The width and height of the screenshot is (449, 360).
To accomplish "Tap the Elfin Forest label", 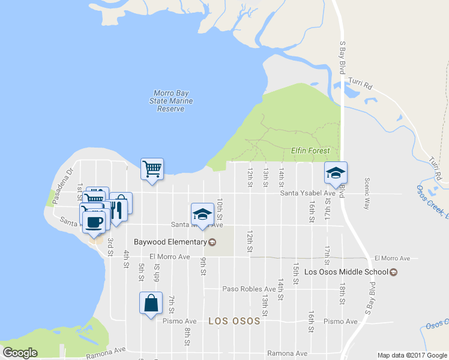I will point(310,150).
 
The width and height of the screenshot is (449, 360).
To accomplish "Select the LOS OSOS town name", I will point(234,321).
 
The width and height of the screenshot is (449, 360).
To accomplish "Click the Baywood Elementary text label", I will point(170,242).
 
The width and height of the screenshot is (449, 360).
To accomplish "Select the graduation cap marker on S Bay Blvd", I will point(336,173).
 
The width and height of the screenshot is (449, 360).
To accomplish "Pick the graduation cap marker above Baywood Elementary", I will point(202,214).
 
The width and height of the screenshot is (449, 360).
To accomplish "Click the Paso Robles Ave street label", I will point(249,289).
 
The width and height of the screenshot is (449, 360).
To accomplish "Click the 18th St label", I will point(342,291).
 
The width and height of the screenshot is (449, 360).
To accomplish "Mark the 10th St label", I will point(220,208).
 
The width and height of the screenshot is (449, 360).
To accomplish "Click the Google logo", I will point(20,353).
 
